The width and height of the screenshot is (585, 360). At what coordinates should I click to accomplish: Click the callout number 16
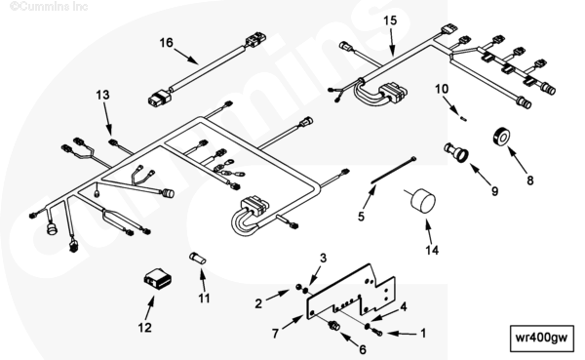[x=167, y=43]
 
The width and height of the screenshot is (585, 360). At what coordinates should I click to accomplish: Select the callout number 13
[x=102, y=95]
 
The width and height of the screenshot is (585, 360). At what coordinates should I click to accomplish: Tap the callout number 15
[x=390, y=20]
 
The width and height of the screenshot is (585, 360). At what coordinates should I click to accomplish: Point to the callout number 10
[x=442, y=89]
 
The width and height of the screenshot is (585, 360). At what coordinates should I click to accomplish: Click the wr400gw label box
[x=541, y=339]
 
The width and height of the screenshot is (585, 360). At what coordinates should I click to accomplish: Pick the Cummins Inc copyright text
[x=49, y=7]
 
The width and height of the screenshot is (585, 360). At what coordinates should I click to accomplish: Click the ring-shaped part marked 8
[x=501, y=137]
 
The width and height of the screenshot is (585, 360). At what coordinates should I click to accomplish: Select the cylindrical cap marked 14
[x=423, y=201]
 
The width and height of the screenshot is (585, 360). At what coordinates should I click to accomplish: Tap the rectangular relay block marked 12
[x=157, y=279]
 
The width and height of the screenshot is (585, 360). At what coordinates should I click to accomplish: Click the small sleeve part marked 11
[x=197, y=259]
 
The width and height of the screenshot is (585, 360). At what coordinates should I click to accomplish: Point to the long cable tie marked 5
[x=393, y=171]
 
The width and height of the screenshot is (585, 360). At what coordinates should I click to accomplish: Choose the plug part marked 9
[x=456, y=151]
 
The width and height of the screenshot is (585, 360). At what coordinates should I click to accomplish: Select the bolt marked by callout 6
[x=333, y=326]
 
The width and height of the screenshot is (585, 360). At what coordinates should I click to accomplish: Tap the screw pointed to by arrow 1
[x=377, y=332]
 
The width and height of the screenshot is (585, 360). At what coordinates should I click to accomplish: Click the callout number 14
[x=432, y=250]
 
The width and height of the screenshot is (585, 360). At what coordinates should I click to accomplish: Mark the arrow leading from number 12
[x=149, y=307]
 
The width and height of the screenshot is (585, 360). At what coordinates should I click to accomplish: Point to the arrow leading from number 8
[x=517, y=160]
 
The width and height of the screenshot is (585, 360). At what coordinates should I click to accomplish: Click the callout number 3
[x=323, y=259]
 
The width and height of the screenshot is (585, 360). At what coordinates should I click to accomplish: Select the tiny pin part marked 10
[x=463, y=119]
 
